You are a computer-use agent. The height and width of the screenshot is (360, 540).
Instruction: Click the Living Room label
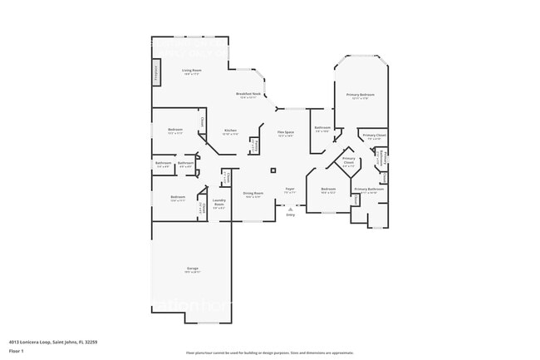[192, 72]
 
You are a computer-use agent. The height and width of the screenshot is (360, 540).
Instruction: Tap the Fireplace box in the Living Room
[155, 72]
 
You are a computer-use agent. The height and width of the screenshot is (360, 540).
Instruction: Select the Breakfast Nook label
[249, 95]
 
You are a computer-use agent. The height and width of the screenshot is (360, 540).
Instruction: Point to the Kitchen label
[231, 131]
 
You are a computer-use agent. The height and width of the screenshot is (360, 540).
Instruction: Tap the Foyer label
[290, 190]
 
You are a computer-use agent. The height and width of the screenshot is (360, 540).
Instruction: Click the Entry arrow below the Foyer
[290, 210]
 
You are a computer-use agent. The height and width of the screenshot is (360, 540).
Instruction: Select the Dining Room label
[253, 195]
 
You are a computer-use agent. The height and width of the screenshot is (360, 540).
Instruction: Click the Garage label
[192, 269]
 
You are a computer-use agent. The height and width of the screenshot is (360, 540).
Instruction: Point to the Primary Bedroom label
[363, 96]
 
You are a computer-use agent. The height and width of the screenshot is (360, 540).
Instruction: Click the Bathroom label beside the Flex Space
[322, 129]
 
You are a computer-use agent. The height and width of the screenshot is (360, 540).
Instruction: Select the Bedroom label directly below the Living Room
[175, 131]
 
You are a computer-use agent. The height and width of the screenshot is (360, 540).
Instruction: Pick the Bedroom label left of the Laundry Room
[178, 198]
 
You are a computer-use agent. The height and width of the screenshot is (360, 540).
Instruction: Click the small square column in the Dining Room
[272, 170]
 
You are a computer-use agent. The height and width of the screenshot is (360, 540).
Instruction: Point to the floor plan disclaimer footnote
[269, 353]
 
